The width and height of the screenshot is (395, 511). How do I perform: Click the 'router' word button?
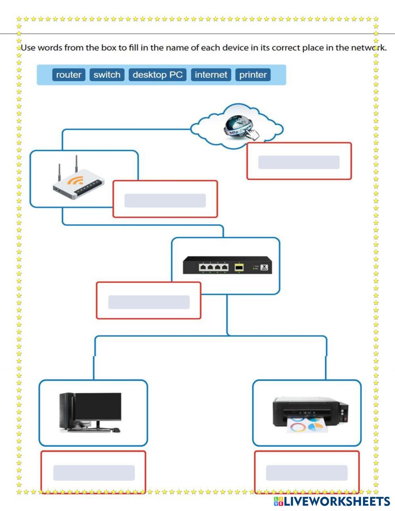tap(69, 75)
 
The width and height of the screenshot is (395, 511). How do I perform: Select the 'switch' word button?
tap(107, 75)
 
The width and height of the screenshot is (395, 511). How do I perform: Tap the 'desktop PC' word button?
tap(158, 75)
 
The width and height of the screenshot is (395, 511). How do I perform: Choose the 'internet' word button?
tap(211, 75)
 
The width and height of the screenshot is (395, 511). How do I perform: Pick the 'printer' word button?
tap(253, 75)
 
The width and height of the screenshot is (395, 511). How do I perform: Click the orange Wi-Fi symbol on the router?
tap(75, 180)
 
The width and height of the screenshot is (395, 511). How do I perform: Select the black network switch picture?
tap(227, 265)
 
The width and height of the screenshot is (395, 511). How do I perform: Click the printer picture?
tap(310, 413)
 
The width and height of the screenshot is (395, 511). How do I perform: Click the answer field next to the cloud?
tap(299, 162)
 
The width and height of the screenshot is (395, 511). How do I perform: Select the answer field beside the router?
tap(165, 201)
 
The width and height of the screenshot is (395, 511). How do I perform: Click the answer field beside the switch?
tap(149, 302)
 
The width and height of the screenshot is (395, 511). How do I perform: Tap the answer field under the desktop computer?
tap(94, 473)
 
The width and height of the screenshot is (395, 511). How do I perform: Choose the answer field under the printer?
tap(307, 473)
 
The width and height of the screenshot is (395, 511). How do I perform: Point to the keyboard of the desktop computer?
tap(95, 430)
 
